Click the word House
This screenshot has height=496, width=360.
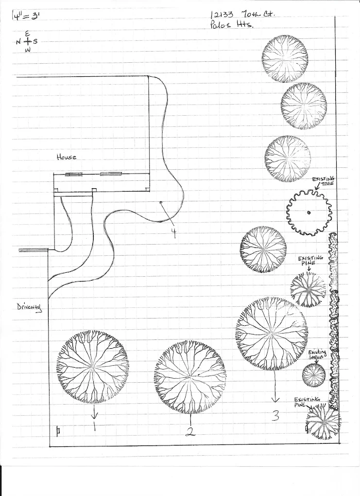(67, 157)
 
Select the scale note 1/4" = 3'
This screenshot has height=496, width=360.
(25, 15)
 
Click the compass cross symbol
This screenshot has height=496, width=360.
(27, 42)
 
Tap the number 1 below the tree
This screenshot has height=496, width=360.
(94, 428)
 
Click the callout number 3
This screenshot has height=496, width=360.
(276, 416)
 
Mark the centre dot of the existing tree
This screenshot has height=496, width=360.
(309, 213)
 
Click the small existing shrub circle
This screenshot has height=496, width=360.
(314, 375)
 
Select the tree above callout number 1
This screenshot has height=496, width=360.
(93, 366)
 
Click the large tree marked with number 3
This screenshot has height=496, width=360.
(272, 333)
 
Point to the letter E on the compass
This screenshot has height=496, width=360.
(27, 33)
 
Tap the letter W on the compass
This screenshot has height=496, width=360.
(27, 50)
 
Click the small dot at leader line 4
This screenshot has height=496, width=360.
(160, 202)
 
